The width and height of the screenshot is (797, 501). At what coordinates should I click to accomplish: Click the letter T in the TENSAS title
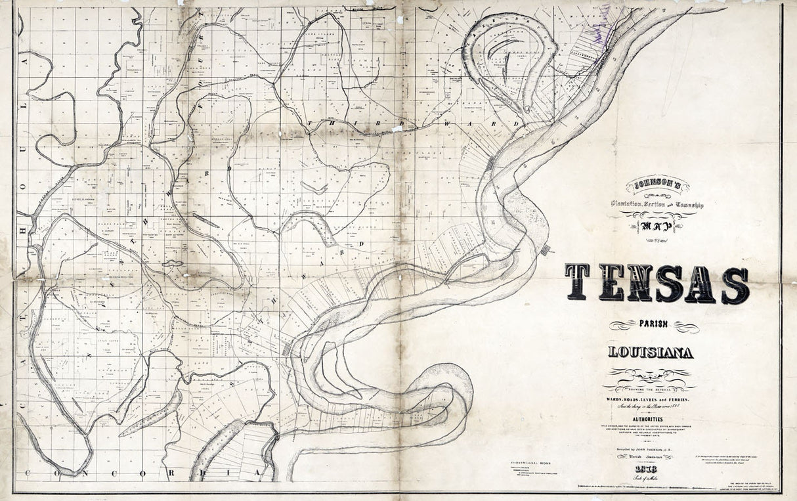(578, 283)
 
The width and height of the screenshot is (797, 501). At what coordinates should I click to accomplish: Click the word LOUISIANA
(650, 353)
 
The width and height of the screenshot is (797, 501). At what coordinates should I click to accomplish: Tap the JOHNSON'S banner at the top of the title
(657, 186)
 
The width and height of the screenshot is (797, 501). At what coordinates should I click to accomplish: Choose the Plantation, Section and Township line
(657, 206)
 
